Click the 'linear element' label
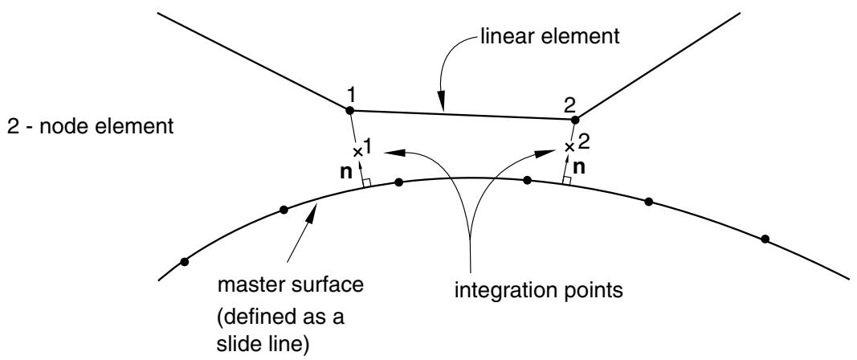tap(550, 37)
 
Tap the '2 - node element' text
tap(90, 128)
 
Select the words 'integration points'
tap(539, 291)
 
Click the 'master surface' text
tap(290, 285)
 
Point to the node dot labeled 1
tap(350, 111)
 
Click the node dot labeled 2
tap(574, 119)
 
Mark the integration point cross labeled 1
tap(357, 152)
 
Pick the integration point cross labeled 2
tap(569, 146)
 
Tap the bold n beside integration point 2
tap(580, 167)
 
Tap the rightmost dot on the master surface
tap(765, 239)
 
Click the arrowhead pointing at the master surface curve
tap(312, 215)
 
